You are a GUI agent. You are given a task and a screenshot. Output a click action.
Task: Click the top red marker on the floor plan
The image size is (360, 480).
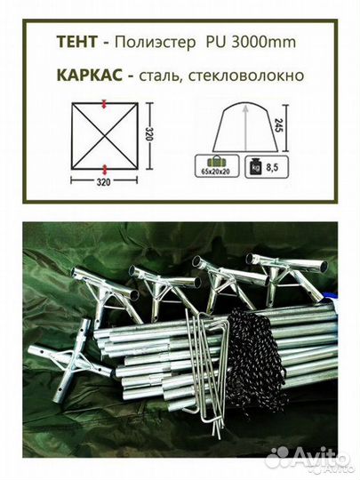tap(105, 104)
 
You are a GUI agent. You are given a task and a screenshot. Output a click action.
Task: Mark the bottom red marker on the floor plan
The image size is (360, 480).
tap(105, 167)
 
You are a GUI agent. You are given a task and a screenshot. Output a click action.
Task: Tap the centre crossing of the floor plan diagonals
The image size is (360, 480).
tap(105, 136)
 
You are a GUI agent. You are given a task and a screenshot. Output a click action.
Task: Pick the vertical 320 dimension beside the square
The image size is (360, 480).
tap(152, 136)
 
